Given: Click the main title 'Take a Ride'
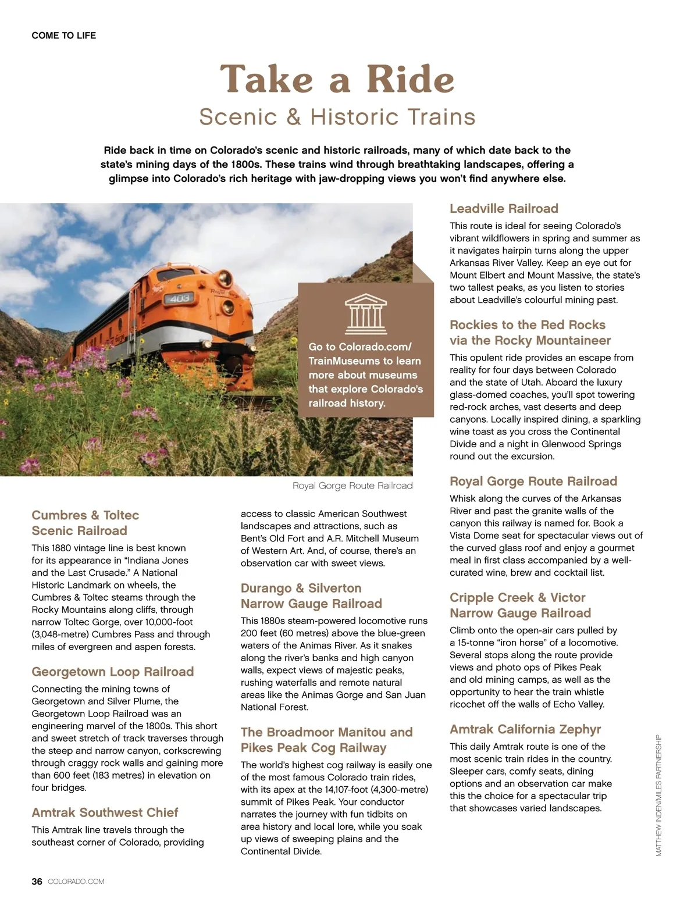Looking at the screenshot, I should pyautogui.click(x=337, y=79).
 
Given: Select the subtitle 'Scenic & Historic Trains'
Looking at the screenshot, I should pyautogui.click(x=337, y=117).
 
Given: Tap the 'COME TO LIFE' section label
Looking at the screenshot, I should pyautogui.click(x=64, y=35).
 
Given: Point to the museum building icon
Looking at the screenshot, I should pyautogui.click(x=365, y=312).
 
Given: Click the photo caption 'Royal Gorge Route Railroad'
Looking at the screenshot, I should pyautogui.click(x=352, y=486).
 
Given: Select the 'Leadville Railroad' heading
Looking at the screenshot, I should pyautogui.click(x=504, y=209).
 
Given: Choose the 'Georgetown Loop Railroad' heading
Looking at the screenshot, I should pyautogui.click(x=113, y=672).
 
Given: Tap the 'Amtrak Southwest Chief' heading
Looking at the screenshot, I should pyautogui.click(x=105, y=812).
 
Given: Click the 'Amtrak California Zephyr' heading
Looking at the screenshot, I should pyautogui.click(x=525, y=729).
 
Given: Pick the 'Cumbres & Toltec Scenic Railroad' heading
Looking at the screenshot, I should pyautogui.click(x=86, y=523).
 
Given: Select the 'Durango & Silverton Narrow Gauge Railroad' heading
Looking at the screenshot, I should pyautogui.click(x=311, y=596).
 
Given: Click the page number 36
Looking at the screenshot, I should pyautogui.click(x=37, y=882).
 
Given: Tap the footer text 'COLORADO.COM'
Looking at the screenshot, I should pyautogui.click(x=76, y=882).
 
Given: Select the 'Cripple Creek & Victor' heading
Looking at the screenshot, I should pyautogui.click(x=517, y=598).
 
